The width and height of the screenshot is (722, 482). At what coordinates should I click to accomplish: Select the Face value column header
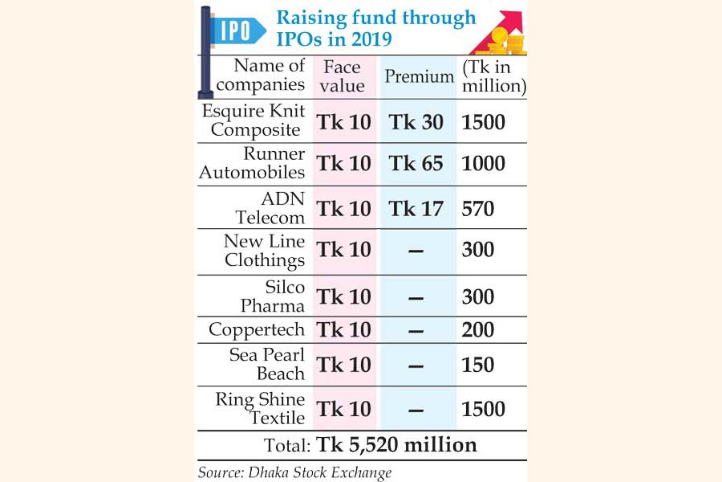click(343, 76)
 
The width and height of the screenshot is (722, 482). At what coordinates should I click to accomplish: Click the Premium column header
click(419, 76)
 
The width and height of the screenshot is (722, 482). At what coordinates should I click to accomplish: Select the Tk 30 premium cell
click(416, 122)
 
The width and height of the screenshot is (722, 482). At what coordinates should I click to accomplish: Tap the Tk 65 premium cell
click(416, 164)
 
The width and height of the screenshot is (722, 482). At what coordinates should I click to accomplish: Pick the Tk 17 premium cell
click(416, 209)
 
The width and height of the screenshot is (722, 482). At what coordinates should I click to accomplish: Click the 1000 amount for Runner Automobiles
click(484, 164)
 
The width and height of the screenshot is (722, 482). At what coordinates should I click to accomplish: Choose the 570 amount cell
click(478, 209)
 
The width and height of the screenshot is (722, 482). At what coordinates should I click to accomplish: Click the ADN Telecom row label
click(270, 208)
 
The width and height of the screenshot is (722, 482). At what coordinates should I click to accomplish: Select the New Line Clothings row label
click(264, 251)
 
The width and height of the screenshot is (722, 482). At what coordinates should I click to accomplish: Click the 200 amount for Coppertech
click(478, 329)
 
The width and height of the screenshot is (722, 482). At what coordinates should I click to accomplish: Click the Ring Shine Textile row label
click(260, 408)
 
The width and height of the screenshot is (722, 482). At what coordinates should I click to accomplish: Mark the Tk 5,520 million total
click(397, 444)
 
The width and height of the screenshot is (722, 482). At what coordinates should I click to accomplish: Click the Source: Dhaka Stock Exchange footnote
click(294, 472)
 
